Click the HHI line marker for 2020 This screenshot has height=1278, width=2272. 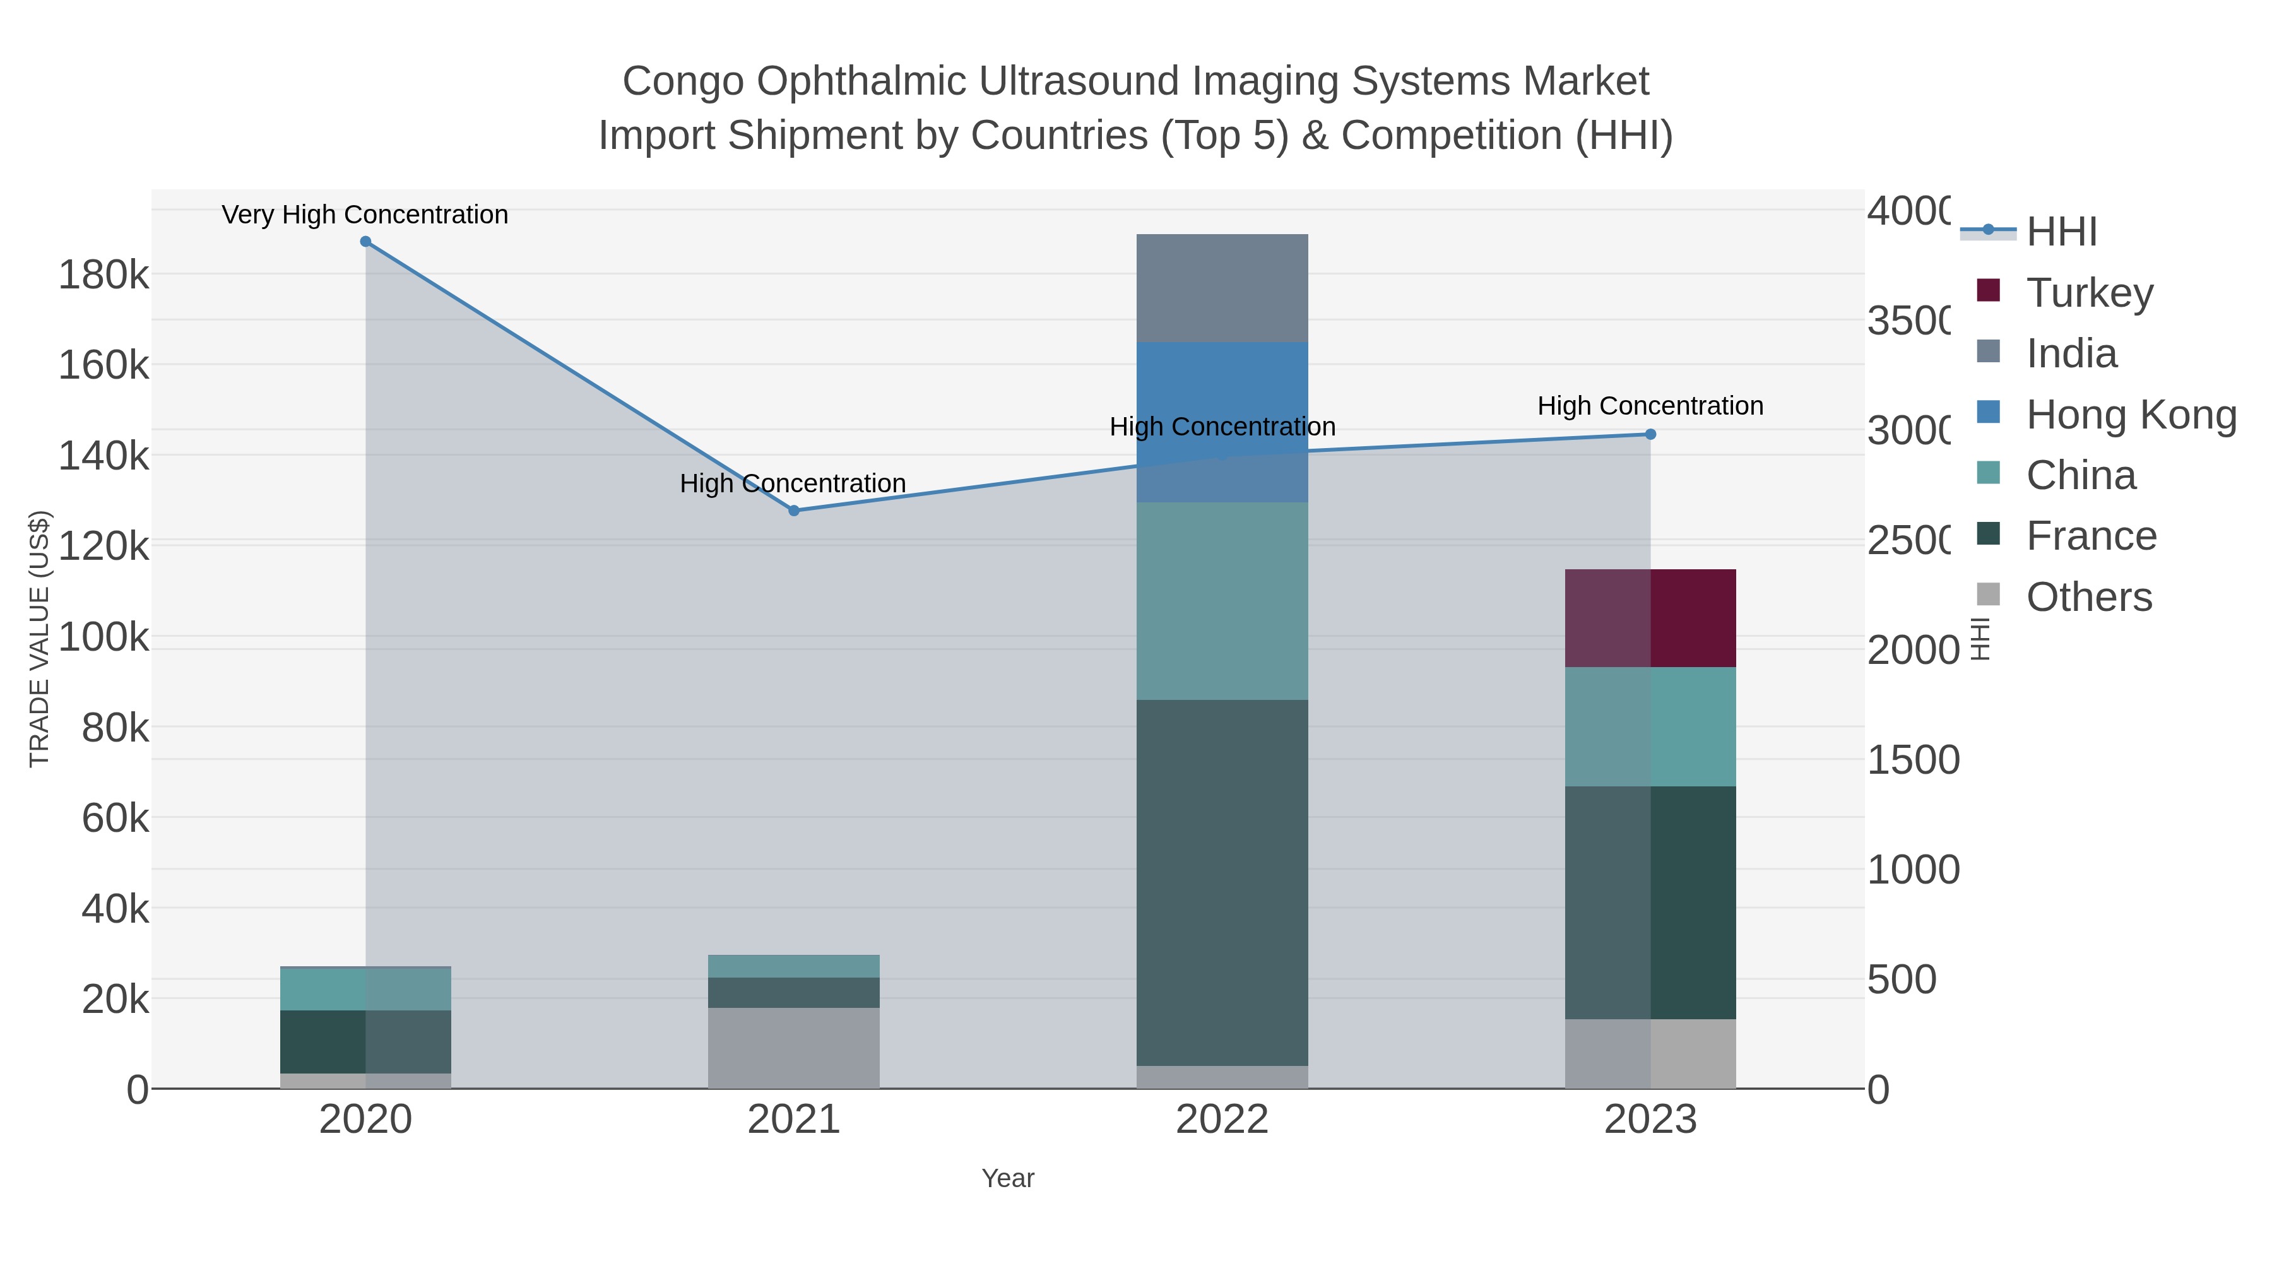[x=366, y=242]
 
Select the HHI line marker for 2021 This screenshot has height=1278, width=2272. [x=794, y=511]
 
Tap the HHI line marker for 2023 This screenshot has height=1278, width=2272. [x=1650, y=434]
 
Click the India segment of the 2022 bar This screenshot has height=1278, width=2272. [x=1222, y=288]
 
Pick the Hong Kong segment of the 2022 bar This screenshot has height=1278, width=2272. [x=1222, y=422]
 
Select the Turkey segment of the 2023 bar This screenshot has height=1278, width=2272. [x=1650, y=618]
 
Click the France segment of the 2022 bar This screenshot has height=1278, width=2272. [x=1222, y=882]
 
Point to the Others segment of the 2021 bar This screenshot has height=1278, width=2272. [x=794, y=1048]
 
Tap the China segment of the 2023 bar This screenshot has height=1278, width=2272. [x=1650, y=727]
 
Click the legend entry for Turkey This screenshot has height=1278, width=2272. [x=2088, y=293]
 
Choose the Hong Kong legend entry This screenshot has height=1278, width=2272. [x=2130, y=415]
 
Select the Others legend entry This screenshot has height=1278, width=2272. [x=2088, y=597]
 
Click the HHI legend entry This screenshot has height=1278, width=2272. [x=2061, y=232]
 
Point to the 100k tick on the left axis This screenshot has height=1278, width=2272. [x=104, y=637]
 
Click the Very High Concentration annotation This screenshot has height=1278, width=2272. [x=365, y=215]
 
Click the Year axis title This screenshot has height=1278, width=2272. [x=1007, y=1178]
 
